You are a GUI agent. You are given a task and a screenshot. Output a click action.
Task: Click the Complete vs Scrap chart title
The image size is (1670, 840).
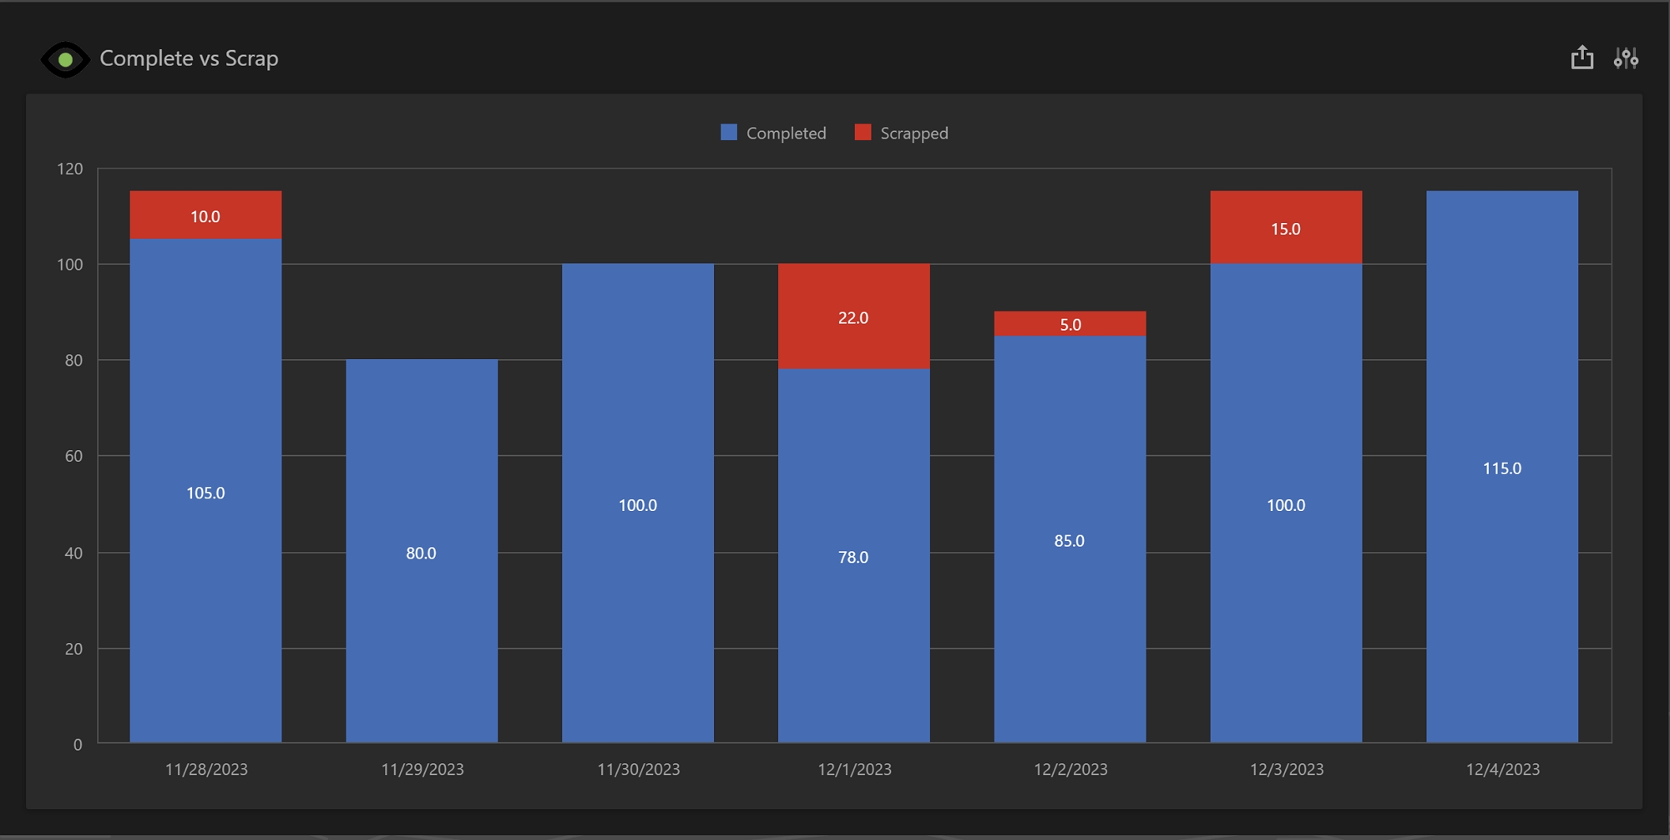tap(189, 58)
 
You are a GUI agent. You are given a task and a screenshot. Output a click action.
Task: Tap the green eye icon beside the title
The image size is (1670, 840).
tap(65, 59)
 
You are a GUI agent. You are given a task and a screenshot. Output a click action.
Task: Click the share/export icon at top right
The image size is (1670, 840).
tap(1581, 58)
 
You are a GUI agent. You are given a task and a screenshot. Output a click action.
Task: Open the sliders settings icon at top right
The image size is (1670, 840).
tap(1626, 58)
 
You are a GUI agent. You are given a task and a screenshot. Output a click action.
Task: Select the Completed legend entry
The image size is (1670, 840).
tap(774, 133)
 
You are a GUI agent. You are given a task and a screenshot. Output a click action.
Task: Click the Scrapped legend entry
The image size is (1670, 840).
tap(903, 133)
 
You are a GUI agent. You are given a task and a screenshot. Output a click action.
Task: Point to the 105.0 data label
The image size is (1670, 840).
tap(205, 493)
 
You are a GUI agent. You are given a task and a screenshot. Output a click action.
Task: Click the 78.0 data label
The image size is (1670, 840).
tap(853, 557)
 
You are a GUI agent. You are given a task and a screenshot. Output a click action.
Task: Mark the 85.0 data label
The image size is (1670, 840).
tap(1070, 541)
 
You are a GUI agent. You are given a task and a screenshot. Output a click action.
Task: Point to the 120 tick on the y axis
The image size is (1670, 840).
tap(70, 169)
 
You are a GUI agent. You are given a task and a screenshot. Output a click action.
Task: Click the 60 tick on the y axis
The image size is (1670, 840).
tap(73, 456)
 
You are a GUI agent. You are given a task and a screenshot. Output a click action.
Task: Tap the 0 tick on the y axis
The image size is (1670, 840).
tap(78, 744)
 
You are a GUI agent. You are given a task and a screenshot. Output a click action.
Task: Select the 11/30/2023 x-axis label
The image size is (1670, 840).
tap(638, 769)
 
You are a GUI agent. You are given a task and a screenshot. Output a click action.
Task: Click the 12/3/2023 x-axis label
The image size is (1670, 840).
tap(1287, 769)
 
